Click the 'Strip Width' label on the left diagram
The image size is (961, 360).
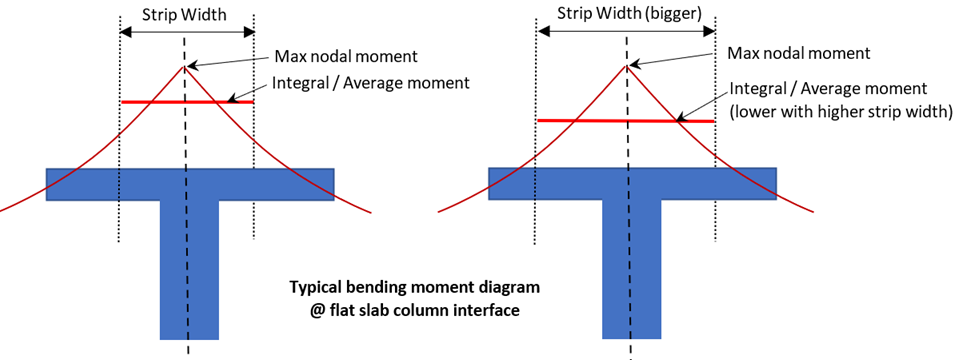point(184,15)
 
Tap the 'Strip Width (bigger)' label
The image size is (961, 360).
point(626,13)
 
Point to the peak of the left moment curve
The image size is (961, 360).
point(183,66)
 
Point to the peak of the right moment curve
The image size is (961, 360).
point(626,65)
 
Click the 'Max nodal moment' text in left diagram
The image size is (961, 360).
point(346,57)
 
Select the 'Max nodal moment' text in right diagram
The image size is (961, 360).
point(799,53)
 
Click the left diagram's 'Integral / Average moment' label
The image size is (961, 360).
point(371,82)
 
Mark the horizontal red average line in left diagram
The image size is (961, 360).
point(188,102)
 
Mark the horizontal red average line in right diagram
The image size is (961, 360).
point(626,121)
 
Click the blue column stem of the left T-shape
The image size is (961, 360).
point(189,270)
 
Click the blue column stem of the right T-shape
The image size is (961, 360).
point(632,269)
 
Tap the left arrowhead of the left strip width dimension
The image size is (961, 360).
point(124,33)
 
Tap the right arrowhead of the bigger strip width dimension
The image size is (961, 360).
point(711,30)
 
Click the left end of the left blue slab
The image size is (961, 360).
point(47,184)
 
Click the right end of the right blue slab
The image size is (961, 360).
point(777,183)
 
